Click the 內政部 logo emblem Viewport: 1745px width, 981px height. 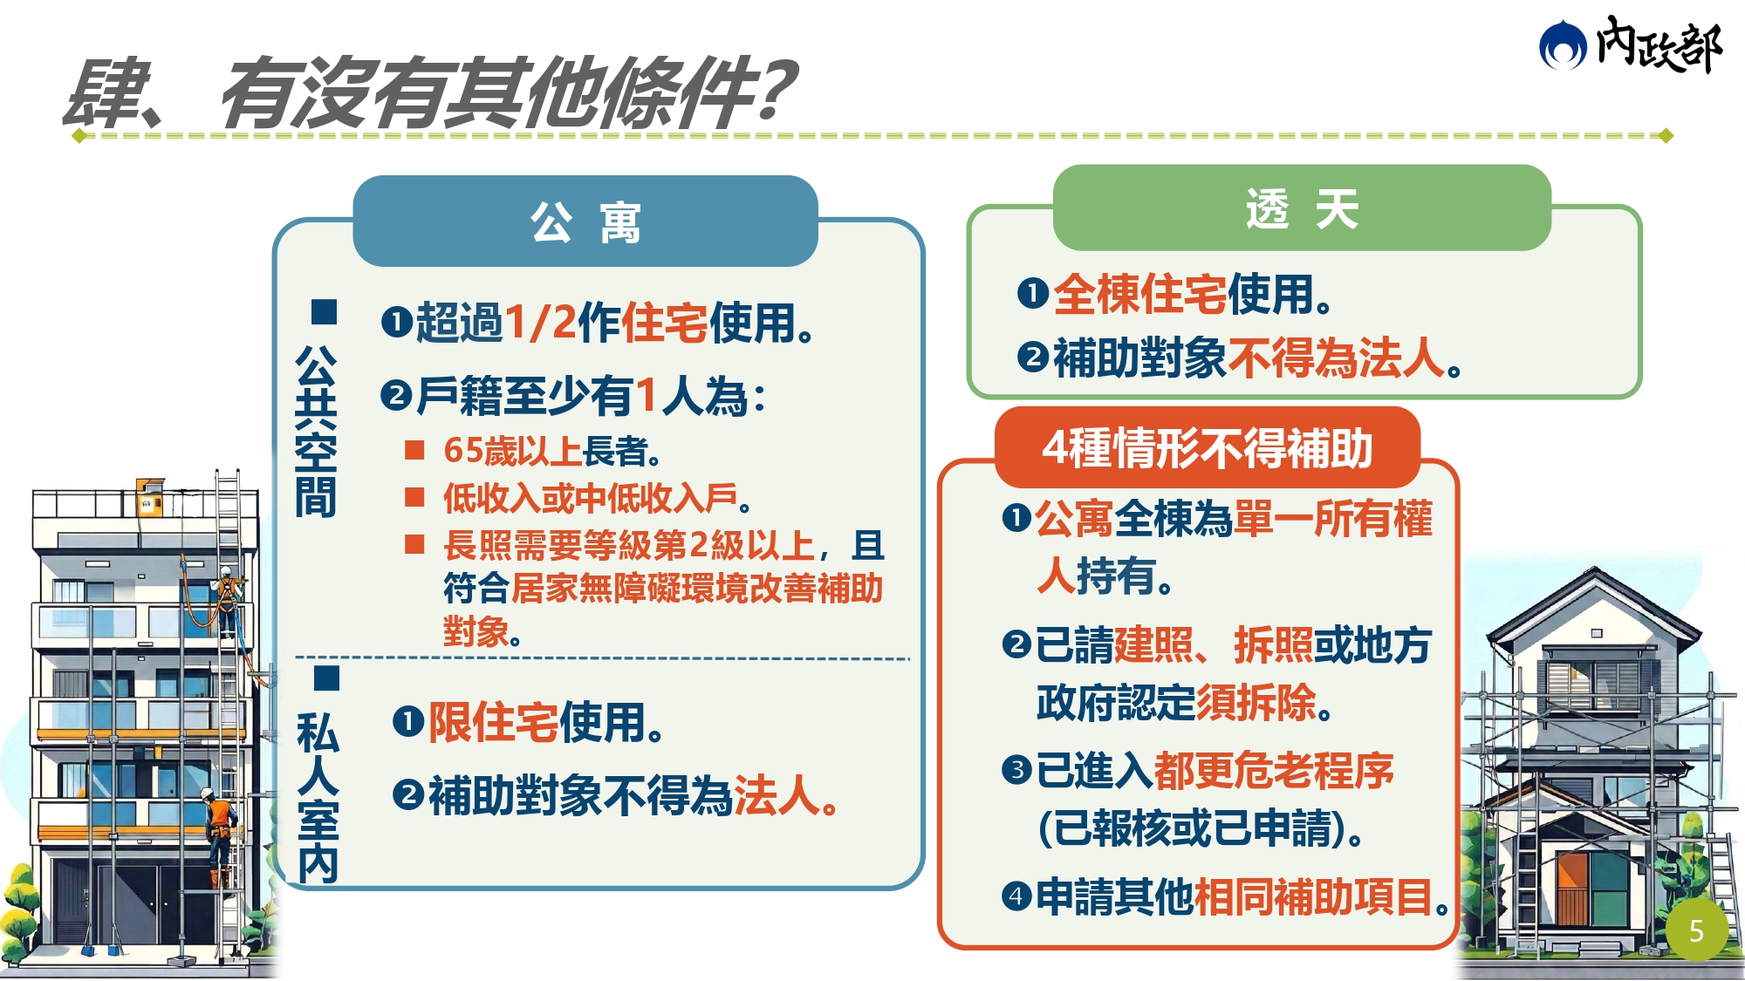click(x=1562, y=46)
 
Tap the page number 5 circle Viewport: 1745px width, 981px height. click(x=1696, y=931)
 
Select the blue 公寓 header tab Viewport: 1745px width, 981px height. click(x=585, y=221)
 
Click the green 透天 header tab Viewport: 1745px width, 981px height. click(x=1302, y=208)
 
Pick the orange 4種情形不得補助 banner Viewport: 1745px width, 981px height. click(x=1208, y=447)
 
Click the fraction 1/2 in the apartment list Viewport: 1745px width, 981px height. click(x=541, y=322)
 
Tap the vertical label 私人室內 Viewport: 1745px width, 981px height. click(x=318, y=797)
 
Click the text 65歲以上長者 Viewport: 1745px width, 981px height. click(x=551, y=451)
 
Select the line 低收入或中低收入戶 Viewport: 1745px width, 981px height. click(x=597, y=498)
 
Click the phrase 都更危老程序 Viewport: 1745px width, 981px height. click(x=1273, y=770)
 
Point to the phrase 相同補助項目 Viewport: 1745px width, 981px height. click(x=1312, y=896)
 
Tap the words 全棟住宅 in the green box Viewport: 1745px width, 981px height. click(x=1139, y=294)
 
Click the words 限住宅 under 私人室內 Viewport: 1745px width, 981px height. click(x=493, y=722)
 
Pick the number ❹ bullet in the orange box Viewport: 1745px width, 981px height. click(x=1016, y=896)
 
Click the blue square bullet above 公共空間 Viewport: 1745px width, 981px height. click(x=324, y=311)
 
